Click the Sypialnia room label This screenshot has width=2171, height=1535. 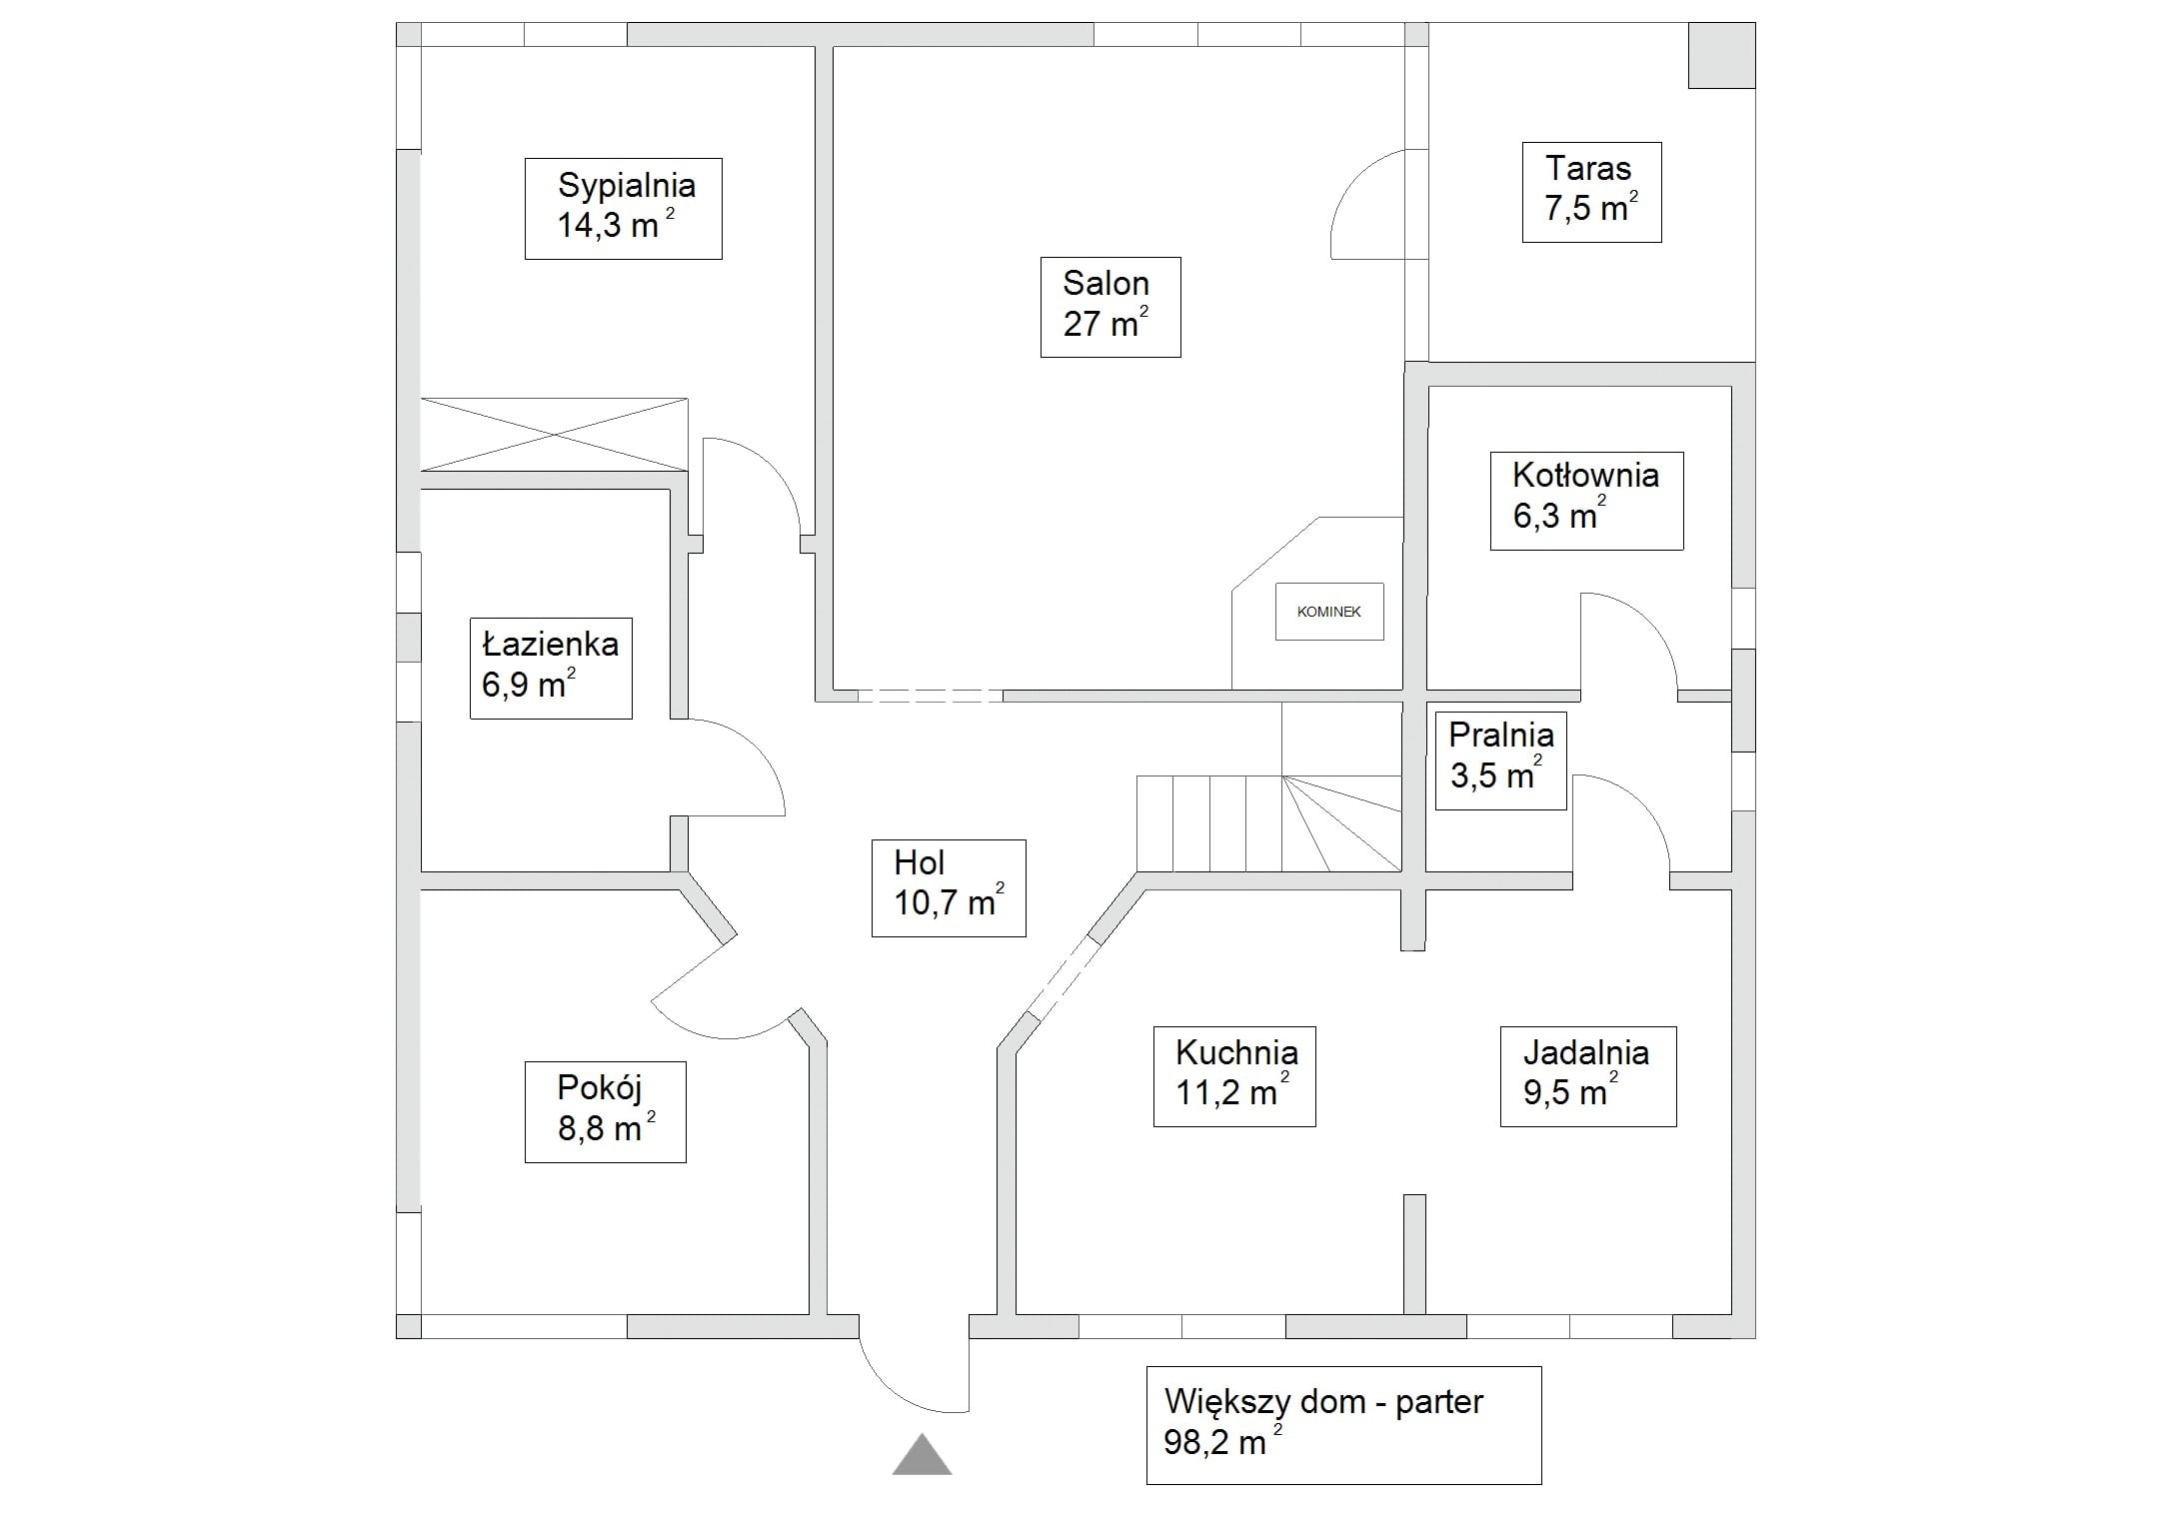click(623, 208)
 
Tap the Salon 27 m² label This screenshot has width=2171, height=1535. click(1109, 307)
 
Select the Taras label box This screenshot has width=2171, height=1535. click(1591, 192)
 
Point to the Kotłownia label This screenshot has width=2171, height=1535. click(1586, 500)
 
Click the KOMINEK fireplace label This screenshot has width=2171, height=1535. click(1328, 612)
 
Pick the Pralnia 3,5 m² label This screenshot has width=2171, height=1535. click(1500, 760)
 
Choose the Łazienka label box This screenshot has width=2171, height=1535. click(551, 668)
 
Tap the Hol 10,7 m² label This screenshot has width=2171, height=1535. click(948, 887)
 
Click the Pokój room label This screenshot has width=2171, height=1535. click(605, 1111)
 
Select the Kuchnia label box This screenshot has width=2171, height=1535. click(1233, 1076)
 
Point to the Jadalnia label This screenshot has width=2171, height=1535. click(1587, 1076)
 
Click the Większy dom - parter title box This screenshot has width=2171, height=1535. click(1342, 1424)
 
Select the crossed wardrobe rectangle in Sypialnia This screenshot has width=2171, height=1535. click(554, 434)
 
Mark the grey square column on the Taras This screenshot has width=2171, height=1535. click(1721, 56)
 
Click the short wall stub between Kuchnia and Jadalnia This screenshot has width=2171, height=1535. click(1413, 1253)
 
